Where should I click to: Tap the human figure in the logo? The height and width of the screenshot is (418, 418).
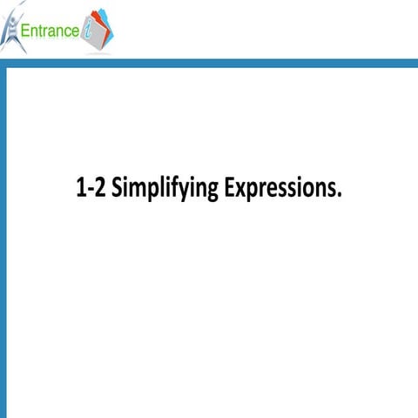12,30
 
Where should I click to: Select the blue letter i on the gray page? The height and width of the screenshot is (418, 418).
88,31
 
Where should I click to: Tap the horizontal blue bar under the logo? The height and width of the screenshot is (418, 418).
209,63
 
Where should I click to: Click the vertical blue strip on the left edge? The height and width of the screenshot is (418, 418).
3,244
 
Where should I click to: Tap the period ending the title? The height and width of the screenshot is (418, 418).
340,195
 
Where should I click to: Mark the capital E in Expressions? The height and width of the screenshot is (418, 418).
229,188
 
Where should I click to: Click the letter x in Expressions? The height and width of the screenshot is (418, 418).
241,191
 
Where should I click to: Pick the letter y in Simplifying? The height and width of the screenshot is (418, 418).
181,192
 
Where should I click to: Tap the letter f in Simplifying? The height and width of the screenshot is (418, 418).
169,188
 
